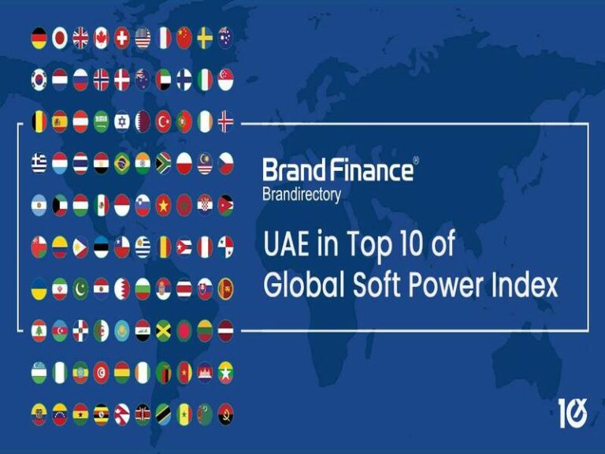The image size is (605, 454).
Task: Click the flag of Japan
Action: (60, 38)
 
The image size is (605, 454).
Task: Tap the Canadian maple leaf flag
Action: (101, 38)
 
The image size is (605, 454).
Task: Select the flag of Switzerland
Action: (122, 38)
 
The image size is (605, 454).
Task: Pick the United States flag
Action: (143, 38)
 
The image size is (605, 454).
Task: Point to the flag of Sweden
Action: (205, 38)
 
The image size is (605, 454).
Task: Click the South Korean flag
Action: (39, 80)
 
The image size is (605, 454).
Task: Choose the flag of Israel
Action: (122, 121)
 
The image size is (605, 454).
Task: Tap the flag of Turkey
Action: (163, 121)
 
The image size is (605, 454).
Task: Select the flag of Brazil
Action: (122, 163)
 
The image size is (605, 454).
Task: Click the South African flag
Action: (163, 163)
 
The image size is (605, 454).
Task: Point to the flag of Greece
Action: (39, 163)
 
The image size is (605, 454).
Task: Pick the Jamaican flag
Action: (163, 329)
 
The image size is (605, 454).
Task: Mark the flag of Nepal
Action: (122, 413)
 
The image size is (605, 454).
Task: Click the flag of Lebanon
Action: (39, 329)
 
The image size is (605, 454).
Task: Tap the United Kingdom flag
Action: (80, 38)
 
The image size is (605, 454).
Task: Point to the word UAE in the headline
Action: (288, 245)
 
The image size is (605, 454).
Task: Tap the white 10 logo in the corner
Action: (573, 413)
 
